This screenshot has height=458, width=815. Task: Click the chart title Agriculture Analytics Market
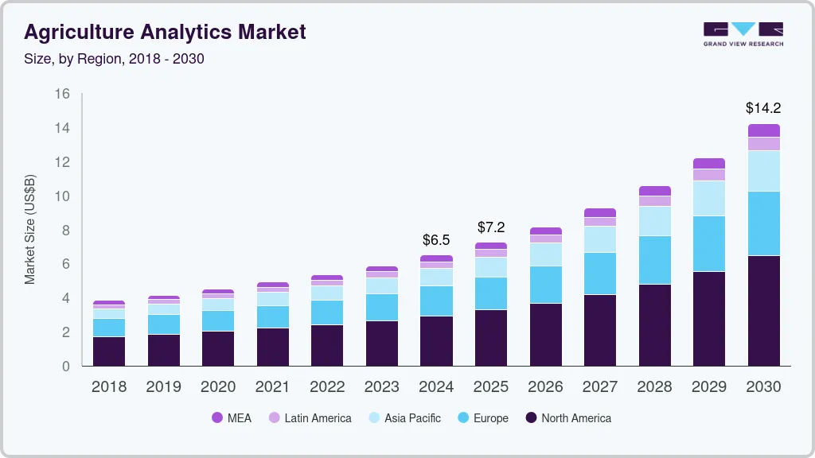click(165, 33)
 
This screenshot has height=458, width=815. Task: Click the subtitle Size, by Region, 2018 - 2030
click(114, 59)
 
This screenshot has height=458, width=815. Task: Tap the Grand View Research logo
click(743, 33)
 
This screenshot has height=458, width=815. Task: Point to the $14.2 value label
click(763, 107)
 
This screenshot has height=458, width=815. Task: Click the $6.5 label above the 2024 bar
click(436, 239)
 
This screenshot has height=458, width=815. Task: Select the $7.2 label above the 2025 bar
click(491, 227)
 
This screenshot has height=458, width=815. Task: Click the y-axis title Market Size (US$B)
click(30, 230)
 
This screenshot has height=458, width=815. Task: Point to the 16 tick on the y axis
click(62, 94)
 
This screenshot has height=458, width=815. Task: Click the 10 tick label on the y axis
click(62, 196)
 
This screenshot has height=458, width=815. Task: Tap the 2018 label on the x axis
click(108, 387)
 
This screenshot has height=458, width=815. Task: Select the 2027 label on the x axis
click(599, 387)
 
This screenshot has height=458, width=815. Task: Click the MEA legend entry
click(232, 417)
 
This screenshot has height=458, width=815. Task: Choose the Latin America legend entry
click(310, 417)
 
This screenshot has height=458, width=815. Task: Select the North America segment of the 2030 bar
click(763, 310)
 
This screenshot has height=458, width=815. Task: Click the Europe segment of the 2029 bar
click(708, 243)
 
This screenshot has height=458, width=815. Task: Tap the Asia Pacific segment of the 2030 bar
click(763, 171)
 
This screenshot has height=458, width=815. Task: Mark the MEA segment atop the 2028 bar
click(654, 191)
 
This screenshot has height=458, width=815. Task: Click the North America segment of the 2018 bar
click(108, 351)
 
